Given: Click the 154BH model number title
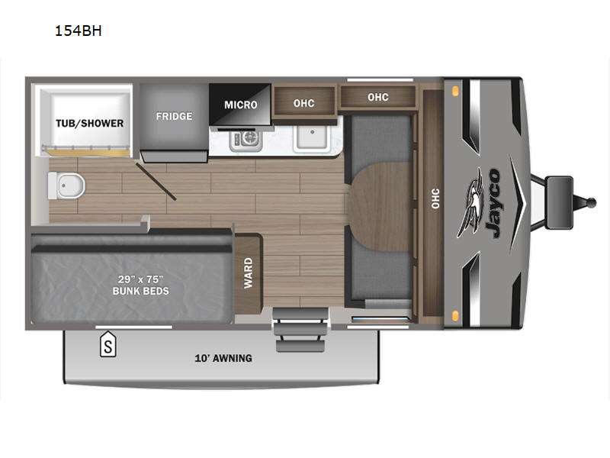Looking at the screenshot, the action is tap(79, 31).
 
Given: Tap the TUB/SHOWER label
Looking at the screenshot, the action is tap(89, 124).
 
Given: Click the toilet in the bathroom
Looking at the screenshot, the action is tap(66, 185).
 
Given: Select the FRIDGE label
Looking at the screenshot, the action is tap(174, 116).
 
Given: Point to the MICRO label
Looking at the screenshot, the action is tap(240, 105).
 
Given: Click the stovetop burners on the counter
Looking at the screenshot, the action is tap(246, 140).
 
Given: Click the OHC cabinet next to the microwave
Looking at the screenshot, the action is tap(303, 103).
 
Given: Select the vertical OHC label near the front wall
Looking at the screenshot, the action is tap(435, 198).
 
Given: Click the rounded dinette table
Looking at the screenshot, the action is tap(378, 207).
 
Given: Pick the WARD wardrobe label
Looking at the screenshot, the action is tap(249, 273).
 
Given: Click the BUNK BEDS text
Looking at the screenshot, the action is tap(141, 291).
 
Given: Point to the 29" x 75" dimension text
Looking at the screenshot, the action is tap(141, 279).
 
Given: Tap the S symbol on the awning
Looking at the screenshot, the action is tap(108, 345).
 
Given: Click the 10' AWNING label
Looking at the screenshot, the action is tap(223, 358).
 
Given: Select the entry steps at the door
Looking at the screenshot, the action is tap(300, 330).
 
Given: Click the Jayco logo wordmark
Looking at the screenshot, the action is tap(492, 203).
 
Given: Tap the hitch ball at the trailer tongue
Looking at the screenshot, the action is tap(592, 202).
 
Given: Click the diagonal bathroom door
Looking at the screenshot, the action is tap(156, 182).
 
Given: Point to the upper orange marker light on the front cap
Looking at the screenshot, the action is tap(454, 91).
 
